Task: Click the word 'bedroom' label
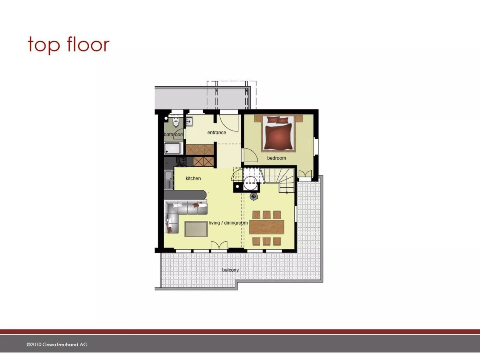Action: coord(276,158)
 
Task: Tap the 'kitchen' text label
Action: coord(193,178)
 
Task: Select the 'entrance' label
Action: coord(217,132)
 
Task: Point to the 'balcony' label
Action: coord(230,270)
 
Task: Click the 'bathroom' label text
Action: coord(174,134)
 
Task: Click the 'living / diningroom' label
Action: coord(228,223)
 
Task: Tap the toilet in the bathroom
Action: coord(176,123)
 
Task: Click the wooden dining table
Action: coord(267,227)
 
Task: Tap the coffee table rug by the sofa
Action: coord(196,229)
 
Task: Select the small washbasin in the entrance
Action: coord(189,122)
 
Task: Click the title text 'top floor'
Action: coord(68,45)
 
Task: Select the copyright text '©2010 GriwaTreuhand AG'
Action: coord(57,344)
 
